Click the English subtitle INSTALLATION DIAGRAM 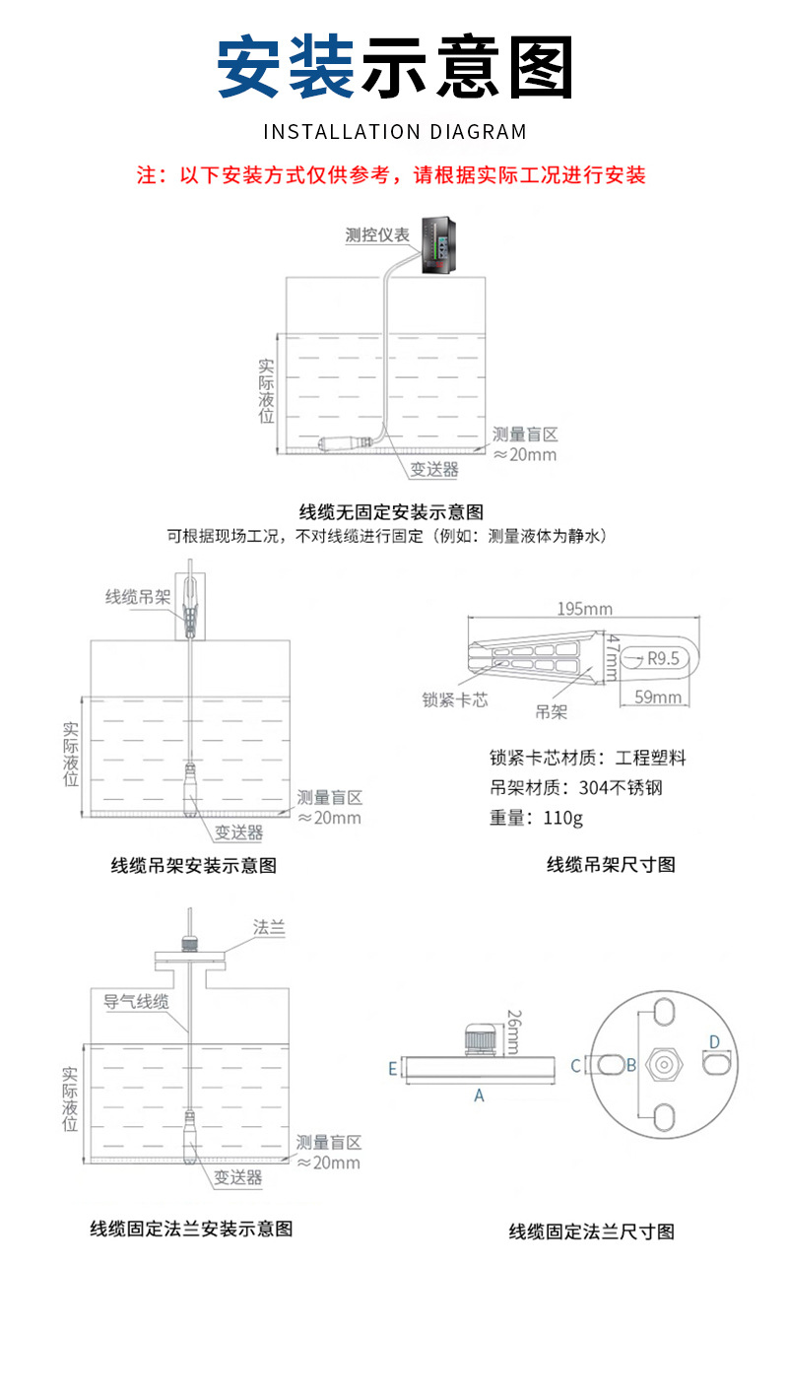[394, 131]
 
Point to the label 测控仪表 [377, 234]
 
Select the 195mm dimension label [584, 609]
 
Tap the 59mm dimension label [658, 698]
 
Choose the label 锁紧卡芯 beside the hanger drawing [455, 699]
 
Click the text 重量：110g [536, 818]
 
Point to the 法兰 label [269, 928]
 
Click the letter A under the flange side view [480, 1095]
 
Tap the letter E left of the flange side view [392, 1068]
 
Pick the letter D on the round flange [715, 1042]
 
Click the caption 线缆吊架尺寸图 [611, 865]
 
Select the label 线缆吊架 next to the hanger [138, 597]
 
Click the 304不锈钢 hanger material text [587, 788]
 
